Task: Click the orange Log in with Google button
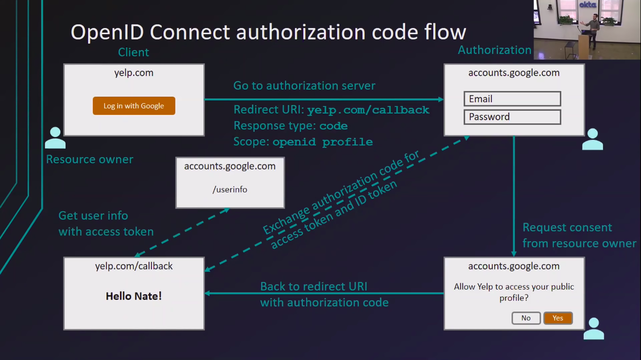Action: pyautogui.click(x=134, y=106)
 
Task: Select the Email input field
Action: pyautogui.click(x=512, y=99)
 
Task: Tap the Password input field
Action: pyautogui.click(x=512, y=117)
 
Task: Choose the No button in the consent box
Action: pyautogui.click(x=526, y=318)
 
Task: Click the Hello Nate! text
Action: pyautogui.click(x=134, y=296)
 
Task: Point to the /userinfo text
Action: pyautogui.click(x=230, y=190)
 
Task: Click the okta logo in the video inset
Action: pyautogui.click(x=588, y=5)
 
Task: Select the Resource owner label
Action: pyautogui.click(x=90, y=160)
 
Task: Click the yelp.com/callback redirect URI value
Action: pyautogui.click(x=368, y=110)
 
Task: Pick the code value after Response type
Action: pyautogui.click(x=333, y=126)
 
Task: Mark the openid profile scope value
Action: pyautogui.click(x=322, y=142)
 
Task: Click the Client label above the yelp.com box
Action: pyautogui.click(x=133, y=52)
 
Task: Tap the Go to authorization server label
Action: pyautogui.click(x=304, y=86)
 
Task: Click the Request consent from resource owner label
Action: pyautogui.click(x=579, y=235)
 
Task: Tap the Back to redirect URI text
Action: pyautogui.click(x=313, y=286)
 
